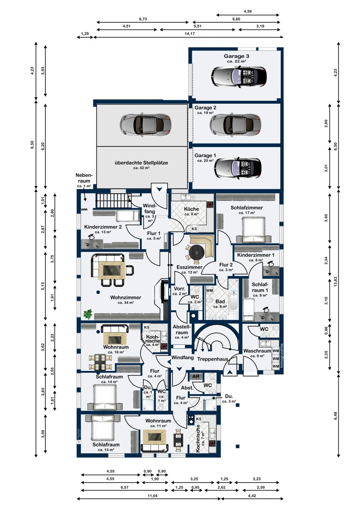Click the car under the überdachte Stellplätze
click(x=145, y=125)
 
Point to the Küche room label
click(x=191, y=209)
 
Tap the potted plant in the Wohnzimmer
click(x=88, y=314)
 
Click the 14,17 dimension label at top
click(x=190, y=34)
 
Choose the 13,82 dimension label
click(x=336, y=282)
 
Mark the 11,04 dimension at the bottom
click(x=152, y=496)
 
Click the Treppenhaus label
click(x=213, y=359)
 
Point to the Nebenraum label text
click(x=84, y=178)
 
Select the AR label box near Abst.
click(x=196, y=376)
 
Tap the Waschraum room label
click(x=257, y=351)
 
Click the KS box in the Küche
click(x=194, y=229)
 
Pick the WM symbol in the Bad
click(x=210, y=290)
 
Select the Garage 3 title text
click(x=236, y=56)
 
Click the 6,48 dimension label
click(x=336, y=416)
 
